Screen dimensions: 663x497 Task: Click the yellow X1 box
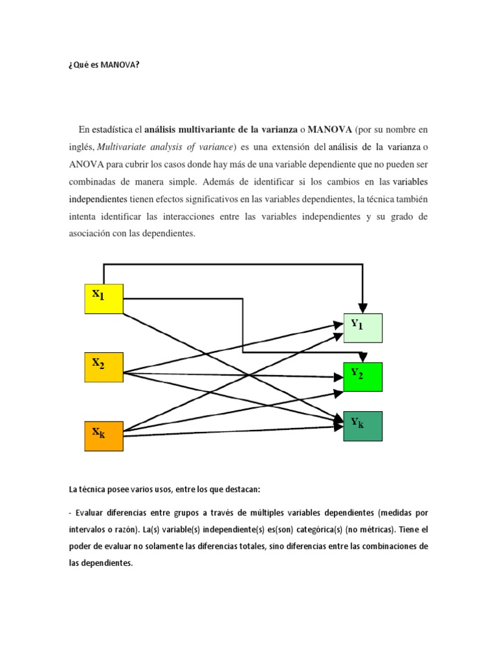[x=104, y=298]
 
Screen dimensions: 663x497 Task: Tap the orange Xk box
[x=104, y=435]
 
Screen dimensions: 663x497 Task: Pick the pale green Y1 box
[x=362, y=328]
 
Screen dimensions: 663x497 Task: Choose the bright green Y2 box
[x=362, y=377]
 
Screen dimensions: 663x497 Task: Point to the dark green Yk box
[x=362, y=425]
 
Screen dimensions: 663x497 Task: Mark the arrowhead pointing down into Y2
[x=363, y=357]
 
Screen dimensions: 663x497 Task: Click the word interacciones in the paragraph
[x=170, y=216]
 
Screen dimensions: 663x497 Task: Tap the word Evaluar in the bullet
[x=91, y=513]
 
